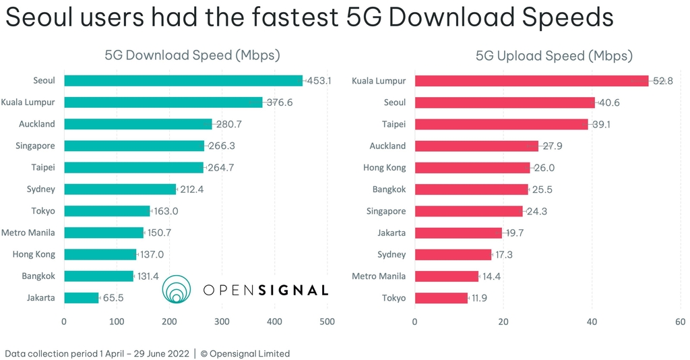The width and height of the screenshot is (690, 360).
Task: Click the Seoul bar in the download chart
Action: pyautogui.click(x=183, y=81)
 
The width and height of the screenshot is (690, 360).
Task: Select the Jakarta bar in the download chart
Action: pyautogui.click(x=82, y=297)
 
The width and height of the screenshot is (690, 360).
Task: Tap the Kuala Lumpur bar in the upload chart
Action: pyautogui.click(x=531, y=81)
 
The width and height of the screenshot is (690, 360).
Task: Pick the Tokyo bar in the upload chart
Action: pyautogui.click(x=441, y=297)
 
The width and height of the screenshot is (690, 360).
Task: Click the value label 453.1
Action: pyautogui.click(x=319, y=81)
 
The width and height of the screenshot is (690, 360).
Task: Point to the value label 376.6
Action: pyautogui.click(x=279, y=102)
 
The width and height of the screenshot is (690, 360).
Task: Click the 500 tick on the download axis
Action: pyautogui.click(x=327, y=322)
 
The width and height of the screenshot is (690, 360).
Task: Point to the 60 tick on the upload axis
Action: pyautogui.click(x=681, y=322)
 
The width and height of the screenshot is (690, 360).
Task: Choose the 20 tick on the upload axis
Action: pyautogui.click(x=503, y=322)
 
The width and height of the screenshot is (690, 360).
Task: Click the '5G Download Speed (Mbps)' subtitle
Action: pyautogui.click(x=192, y=55)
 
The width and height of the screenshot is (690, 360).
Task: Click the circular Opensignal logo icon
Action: pyautogui.click(x=177, y=289)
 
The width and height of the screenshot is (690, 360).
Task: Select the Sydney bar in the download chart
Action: pyautogui.click(x=120, y=189)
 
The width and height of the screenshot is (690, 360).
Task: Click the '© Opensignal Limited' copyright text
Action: pyautogui.click(x=245, y=353)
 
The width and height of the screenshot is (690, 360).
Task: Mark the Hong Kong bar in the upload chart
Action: pyautogui.click(x=472, y=168)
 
